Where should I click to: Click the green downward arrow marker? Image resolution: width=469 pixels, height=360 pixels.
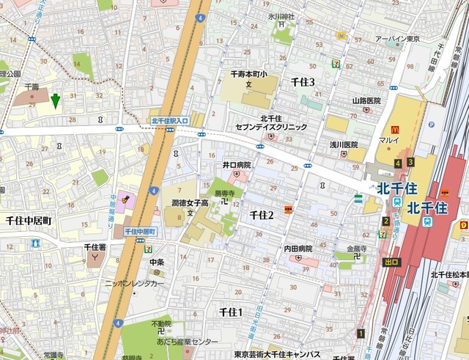55,100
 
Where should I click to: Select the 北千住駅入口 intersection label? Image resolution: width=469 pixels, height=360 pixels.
170,120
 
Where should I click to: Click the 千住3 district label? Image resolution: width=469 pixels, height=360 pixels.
303,82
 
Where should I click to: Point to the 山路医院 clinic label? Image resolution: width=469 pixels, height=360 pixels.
366,100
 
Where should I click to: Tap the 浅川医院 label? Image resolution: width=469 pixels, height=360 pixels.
343,144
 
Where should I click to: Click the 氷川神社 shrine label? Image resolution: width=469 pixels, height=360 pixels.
281,16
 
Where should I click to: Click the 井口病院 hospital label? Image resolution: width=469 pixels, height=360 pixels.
237,165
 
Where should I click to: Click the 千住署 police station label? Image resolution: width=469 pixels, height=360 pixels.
95,247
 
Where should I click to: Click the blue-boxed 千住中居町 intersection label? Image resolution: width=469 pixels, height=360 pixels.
141,231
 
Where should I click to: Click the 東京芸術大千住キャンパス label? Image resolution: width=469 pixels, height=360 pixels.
277,354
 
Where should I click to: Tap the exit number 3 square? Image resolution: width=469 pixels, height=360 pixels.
410,162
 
